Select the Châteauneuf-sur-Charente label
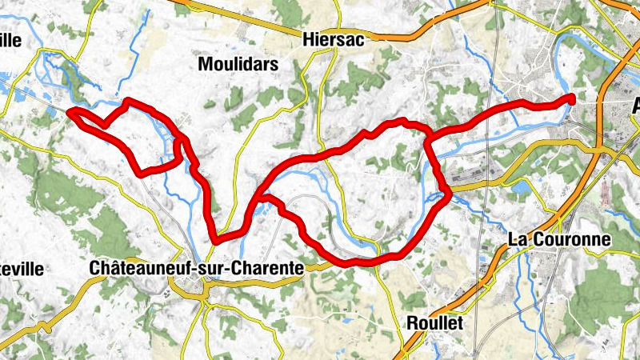(197, 269)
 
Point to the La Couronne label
(560, 239)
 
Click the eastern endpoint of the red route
(572, 98)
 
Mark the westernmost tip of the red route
(70, 112)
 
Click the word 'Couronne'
(570, 239)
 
